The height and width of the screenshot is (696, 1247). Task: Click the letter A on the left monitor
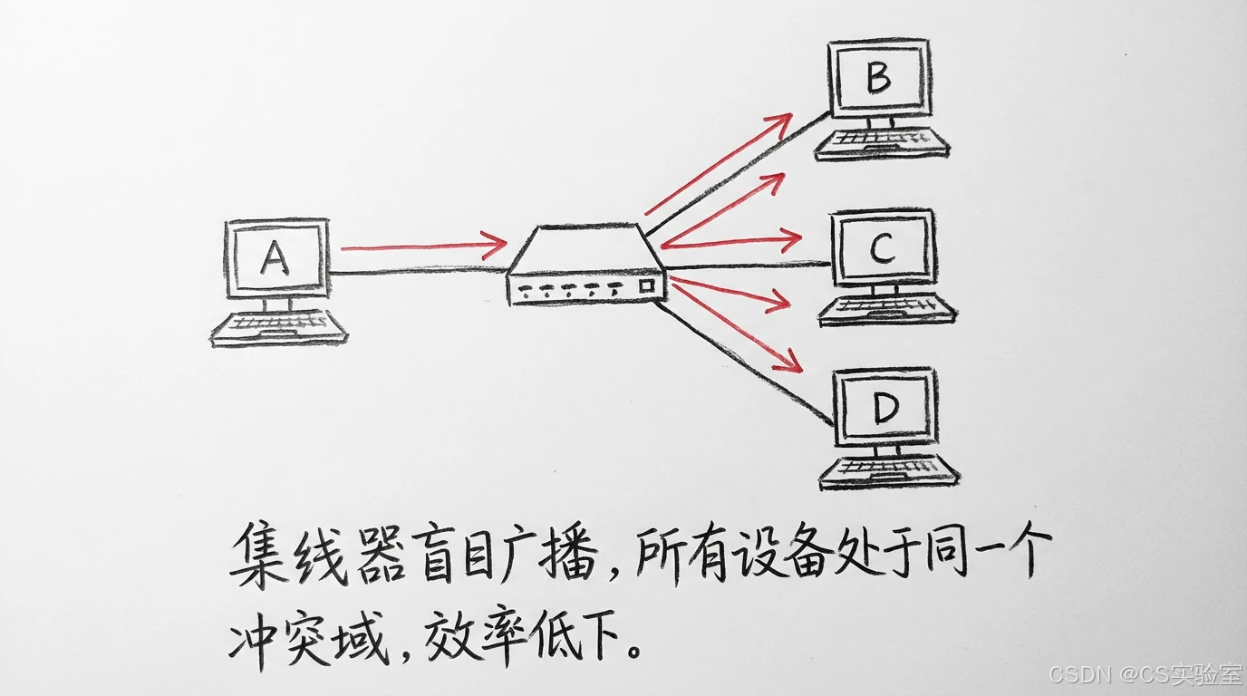[274, 258]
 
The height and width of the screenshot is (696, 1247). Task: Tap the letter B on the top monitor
[877, 78]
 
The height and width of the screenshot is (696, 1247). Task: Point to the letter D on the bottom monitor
[884, 411]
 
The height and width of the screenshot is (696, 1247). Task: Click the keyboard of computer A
[279, 328]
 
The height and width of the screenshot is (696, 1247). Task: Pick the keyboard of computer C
[887, 310]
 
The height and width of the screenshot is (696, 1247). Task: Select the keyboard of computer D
[889, 472]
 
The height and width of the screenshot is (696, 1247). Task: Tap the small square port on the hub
[647, 285]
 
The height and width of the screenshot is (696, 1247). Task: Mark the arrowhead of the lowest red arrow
[790, 362]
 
